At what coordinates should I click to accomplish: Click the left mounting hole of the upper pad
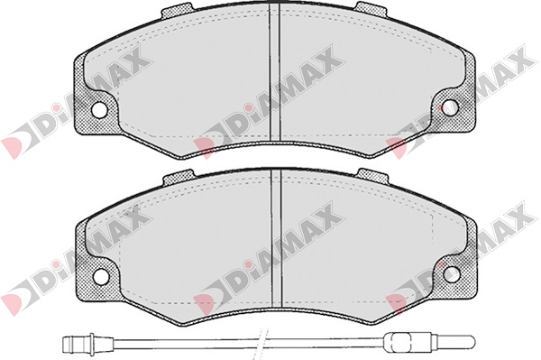click(x=99, y=109)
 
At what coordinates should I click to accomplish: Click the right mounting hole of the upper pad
click(x=450, y=107)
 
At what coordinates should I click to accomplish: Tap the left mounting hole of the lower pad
click(x=101, y=275)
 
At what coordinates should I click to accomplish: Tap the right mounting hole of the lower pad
click(x=452, y=274)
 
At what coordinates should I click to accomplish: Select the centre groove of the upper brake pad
click(x=275, y=72)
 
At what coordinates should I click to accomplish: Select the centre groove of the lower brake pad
click(x=277, y=238)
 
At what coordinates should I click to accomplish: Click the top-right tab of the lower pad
click(x=373, y=175)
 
